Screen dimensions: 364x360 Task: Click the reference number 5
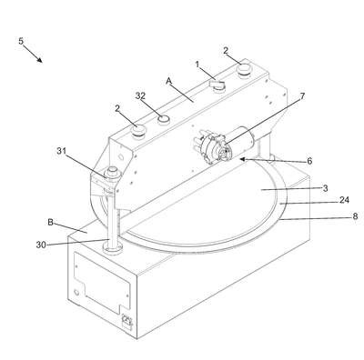21,41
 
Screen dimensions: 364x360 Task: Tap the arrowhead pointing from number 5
39,59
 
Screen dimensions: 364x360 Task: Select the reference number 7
302,96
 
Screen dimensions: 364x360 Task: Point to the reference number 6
309,161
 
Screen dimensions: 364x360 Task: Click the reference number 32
140,95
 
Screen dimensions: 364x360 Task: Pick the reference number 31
62,151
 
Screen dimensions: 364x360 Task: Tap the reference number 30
41,245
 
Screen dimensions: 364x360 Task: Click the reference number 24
344,200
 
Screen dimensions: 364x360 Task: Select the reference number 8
355,216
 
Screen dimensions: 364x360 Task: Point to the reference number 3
325,188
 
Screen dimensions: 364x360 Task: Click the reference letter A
169,81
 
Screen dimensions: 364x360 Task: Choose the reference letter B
51,222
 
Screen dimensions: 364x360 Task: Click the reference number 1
197,65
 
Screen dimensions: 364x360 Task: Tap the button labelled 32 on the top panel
164,119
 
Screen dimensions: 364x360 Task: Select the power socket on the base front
126,322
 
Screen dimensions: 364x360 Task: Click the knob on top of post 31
113,172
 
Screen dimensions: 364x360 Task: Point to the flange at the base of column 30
113,248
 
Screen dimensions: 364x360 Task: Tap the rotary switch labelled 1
217,85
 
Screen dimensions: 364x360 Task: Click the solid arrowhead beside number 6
243,158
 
